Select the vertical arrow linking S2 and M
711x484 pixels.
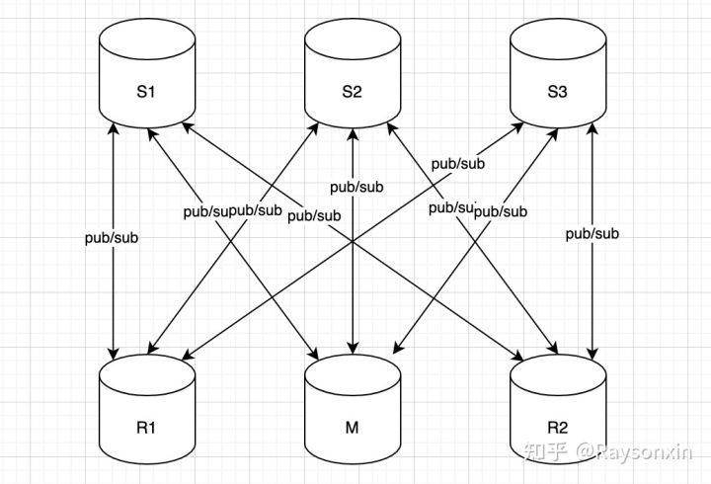point(353,286)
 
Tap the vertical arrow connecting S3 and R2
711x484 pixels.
point(592,296)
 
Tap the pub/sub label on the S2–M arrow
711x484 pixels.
point(356,186)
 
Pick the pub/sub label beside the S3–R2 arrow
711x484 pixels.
point(592,233)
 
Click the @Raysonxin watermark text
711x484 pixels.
point(636,451)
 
